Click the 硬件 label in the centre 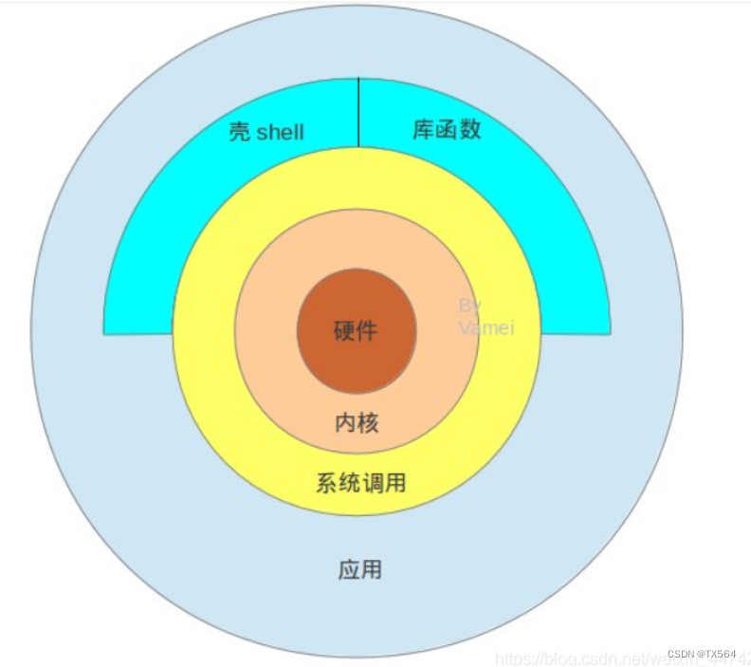tap(356, 332)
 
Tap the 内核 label tap(357, 422)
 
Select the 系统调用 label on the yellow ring tap(360, 482)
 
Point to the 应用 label tap(360, 569)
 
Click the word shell tap(280, 131)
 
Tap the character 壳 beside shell tap(240, 131)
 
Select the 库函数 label tap(447, 129)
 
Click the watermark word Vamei tap(485, 327)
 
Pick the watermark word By tap(470, 306)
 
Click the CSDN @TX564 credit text tap(702, 655)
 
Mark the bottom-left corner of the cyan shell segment tap(105, 332)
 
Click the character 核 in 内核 tap(368, 422)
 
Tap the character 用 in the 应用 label tap(372, 569)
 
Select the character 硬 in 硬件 tap(344, 332)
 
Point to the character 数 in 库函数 tap(470, 129)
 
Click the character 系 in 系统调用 tap(326, 482)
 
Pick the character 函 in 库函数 tap(447, 129)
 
